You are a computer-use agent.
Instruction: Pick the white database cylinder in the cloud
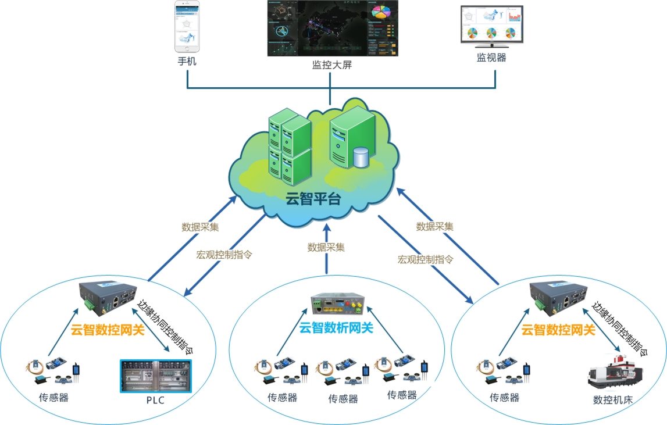point(361,157)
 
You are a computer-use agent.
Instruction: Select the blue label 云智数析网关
point(336,327)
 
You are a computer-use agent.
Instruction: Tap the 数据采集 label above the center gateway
point(326,247)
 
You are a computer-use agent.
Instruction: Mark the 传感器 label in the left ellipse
point(53,399)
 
